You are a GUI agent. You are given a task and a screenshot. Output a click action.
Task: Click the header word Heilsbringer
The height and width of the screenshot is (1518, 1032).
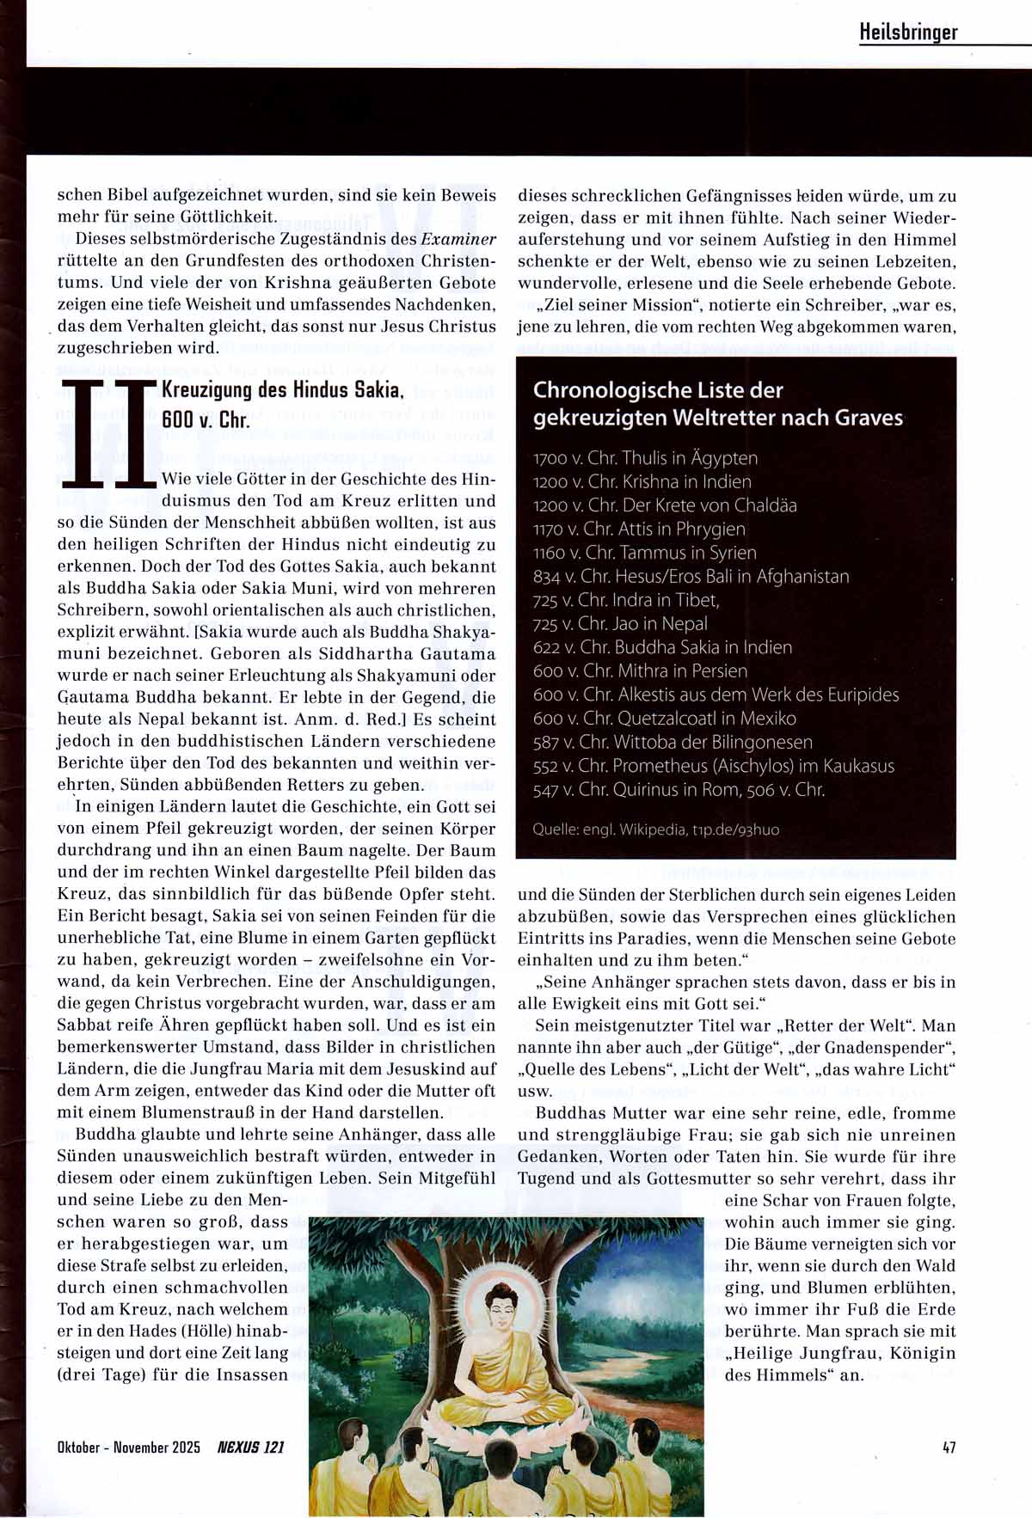coord(908,32)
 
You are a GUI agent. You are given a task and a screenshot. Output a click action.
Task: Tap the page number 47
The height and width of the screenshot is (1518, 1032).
coord(949,1447)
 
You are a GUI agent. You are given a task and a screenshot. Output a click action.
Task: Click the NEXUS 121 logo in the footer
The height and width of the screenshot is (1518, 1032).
coord(250,1447)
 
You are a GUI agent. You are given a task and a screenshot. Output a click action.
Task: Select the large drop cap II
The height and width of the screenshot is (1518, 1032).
coord(114,436)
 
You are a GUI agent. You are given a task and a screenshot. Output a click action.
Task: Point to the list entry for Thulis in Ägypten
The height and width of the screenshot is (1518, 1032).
coord(645,458)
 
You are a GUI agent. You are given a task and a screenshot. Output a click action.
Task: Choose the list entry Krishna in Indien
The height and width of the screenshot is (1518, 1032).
coord(642,481)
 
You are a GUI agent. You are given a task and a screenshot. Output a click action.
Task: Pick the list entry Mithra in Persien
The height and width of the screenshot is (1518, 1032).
coord(640,670)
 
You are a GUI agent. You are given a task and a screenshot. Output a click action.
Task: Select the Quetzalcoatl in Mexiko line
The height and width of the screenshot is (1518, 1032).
coord(665,718)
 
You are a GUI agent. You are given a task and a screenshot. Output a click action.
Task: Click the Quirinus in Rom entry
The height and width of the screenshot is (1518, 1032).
coord(679,789)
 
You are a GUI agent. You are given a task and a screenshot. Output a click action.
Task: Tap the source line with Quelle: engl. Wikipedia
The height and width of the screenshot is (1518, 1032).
coord(656,829)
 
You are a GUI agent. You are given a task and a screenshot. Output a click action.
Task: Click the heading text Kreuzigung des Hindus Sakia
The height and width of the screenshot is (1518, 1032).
coord(282,389)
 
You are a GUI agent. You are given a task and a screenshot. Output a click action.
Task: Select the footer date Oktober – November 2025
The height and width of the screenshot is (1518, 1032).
coord(128,1447)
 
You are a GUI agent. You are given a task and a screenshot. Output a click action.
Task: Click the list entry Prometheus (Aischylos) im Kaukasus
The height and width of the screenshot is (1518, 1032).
coord(714,765)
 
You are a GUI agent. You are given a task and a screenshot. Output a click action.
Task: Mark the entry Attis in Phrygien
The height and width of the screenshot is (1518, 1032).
coord(639,529)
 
